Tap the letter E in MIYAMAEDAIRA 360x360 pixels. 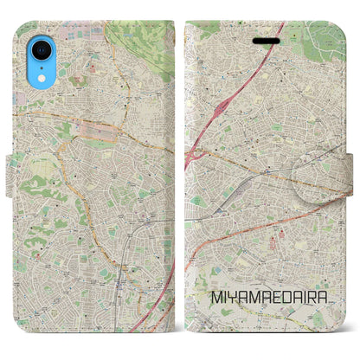point(274,321)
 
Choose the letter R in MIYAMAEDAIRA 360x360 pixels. point(319,321)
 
